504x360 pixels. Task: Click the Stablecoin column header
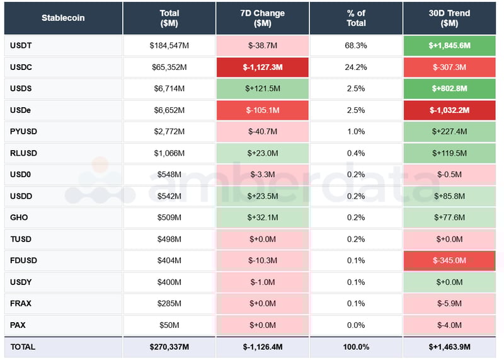click(x=63, y=18)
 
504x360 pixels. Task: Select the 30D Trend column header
click(x=449, y=18)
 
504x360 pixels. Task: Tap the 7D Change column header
click(x=263, y=18)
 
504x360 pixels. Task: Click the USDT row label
click(x=21, y=45)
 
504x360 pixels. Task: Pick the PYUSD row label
click(x=23, y=131)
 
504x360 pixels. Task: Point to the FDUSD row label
click(x=23, y=260)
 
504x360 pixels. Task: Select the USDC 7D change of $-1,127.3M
click(x=263, y=67)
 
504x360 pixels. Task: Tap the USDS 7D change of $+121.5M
click(x=263, y=88)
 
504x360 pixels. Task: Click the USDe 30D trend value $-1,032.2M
click(x=449, y=110)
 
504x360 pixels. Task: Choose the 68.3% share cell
click(x=356, y=45)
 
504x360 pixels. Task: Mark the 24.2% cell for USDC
click(x=356, y=67)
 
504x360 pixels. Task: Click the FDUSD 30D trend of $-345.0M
click(x=449, y=260)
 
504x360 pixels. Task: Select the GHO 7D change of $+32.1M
click(x=263, y=218)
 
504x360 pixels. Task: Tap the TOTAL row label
click(x=23, y=347)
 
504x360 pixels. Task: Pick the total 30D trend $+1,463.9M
click(x=449, y=347)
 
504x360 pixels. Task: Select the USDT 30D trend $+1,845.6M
click(x=449, y=45)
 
